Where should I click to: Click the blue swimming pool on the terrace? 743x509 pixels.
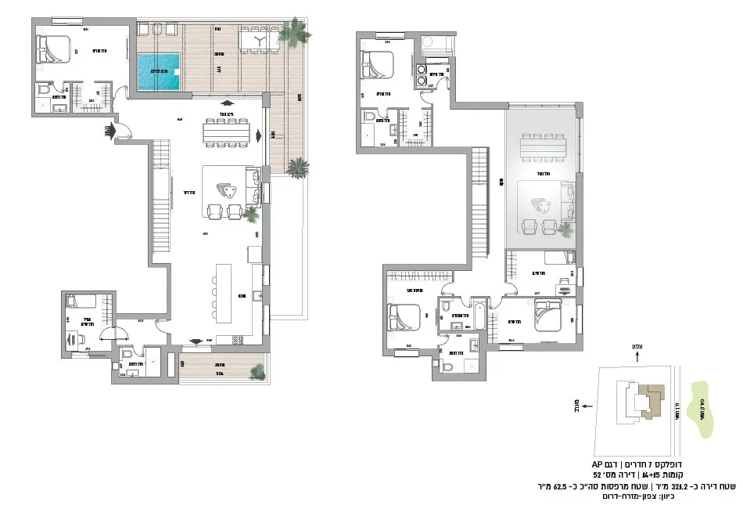coord(160,71)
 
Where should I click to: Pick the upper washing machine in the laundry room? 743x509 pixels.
coord(423,67)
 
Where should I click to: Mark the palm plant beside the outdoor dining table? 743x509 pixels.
coord(297,33)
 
